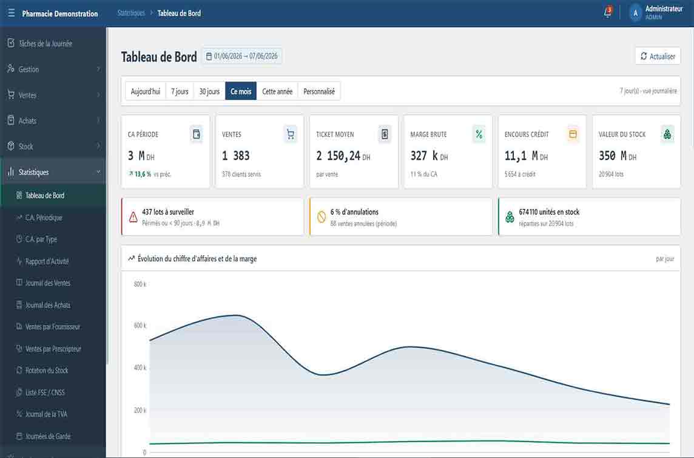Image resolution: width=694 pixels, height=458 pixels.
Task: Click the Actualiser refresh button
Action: pyautogui.click(x=658, y=56)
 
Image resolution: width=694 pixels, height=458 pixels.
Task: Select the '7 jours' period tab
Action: pyautogui.click(x=180, y=91)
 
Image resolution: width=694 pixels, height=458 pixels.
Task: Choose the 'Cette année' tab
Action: pyautogui.click(x=277, y=91)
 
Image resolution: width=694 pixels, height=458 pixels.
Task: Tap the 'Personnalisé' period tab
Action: pyautogui.click(x=318, y=91)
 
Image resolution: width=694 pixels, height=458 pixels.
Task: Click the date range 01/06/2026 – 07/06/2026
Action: pyautogui.click(x=242, y=56)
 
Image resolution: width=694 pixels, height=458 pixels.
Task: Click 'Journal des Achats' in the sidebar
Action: pyautogui.click(x=48, y=305)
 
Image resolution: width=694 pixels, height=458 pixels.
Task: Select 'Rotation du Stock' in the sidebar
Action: pyautogui.click(x=47, y=370)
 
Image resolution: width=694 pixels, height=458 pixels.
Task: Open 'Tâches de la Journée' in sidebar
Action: pyautogui.click(x=45, y=44)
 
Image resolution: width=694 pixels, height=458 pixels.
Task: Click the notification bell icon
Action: pyautogui.click(x=607, y=12)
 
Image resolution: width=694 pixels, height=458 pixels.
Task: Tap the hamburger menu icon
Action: pyautogui.click(x=11, y=13)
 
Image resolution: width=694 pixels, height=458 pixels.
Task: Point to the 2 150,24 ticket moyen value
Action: pyautogui.click(x=338, y=156)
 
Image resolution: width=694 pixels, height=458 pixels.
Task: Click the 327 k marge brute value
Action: pyautogui.click(x=424, y=156)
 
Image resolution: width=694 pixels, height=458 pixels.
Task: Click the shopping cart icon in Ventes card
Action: pyautogui.click(x=291, y=134)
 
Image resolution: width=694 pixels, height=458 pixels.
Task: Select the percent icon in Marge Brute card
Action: pyautogui.click(x=479, y=134)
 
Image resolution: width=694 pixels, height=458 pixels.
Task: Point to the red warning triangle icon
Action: pyautogui.click(x=133, y=217)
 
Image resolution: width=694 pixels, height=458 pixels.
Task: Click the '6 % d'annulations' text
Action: pyautogui.click(x=354, y=212)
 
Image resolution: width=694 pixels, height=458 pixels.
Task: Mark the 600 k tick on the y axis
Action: pyautogui.click(x=140, y=326)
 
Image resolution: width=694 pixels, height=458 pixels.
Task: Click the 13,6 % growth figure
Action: pyautogui.click(x=143, y=174)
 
